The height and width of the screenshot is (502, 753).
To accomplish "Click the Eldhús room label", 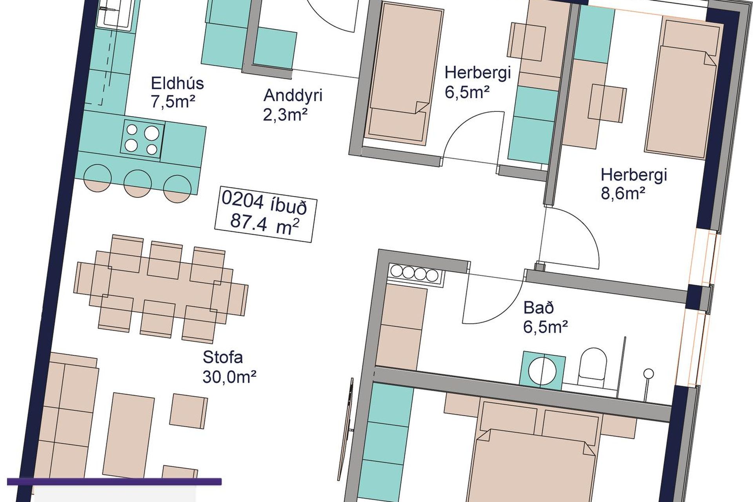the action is click(x=177, y=84).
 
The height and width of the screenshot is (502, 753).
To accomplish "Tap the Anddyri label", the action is click(x=293, y=95).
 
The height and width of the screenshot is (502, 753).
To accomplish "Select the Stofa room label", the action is click(x=222, y=357).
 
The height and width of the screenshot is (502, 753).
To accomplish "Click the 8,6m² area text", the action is click(x=623, y=194).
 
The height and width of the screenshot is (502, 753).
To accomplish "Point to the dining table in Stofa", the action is click(x=161, y=288).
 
